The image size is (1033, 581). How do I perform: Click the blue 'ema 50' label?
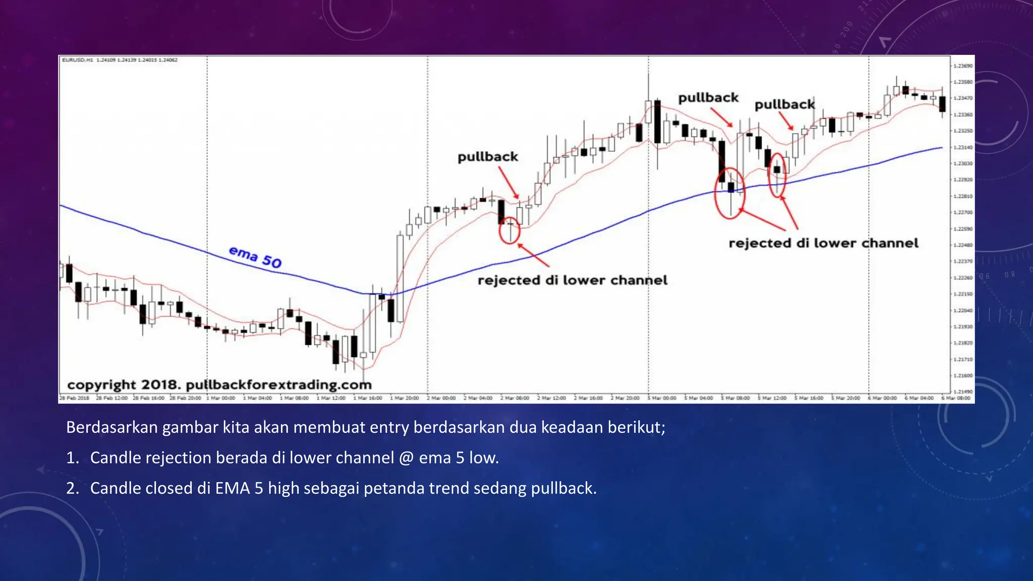(255, 257)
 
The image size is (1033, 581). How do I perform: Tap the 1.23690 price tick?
(963, 66)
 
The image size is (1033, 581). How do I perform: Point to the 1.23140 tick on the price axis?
(963, 147)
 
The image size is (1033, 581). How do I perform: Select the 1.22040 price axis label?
(963, 310)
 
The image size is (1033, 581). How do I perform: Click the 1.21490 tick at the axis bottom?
(963, 391)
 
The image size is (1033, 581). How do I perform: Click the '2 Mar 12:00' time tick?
(552, 398)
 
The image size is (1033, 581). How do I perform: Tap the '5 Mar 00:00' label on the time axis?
(662, 398)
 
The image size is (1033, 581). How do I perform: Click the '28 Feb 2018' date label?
(75, 398)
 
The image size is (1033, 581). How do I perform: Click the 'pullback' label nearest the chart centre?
(488, 157)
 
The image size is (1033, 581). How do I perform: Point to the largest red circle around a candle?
(729, 193)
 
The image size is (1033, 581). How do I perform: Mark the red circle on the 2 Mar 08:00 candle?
(509, 232)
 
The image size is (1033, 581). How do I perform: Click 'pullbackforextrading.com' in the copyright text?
(278, 385)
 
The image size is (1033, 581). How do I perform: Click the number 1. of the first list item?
(72, 458)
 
